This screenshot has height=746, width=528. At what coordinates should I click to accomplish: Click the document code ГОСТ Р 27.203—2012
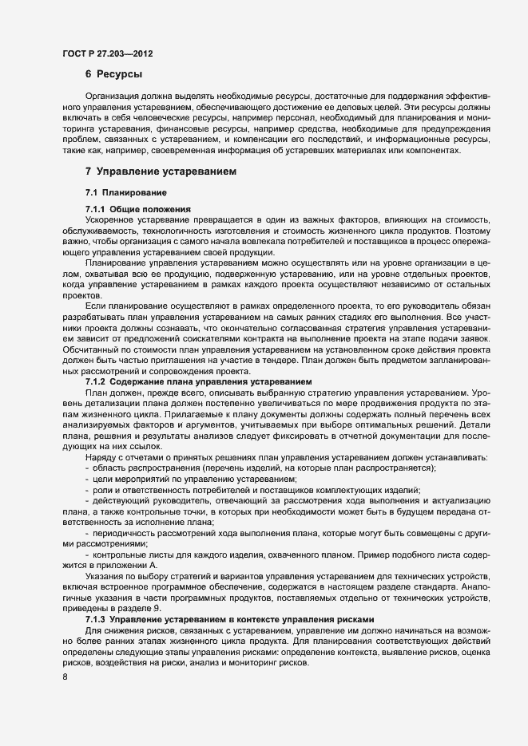pos(107,54)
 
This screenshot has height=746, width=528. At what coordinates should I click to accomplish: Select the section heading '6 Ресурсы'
pos(113,74)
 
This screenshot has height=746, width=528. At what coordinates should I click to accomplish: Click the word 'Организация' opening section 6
pos(113,95)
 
